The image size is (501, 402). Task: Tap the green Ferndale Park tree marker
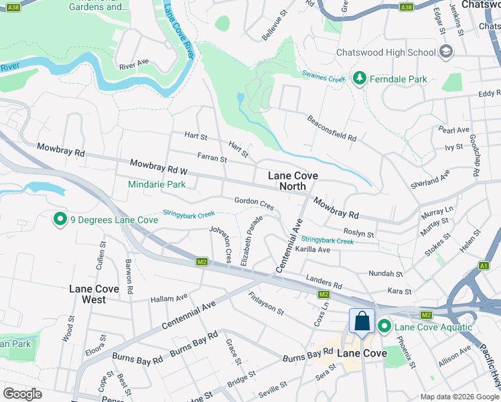coord(360,79)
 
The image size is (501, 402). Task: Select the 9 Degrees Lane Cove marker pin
coord(60,219)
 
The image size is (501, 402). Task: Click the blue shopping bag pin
coord(362,321)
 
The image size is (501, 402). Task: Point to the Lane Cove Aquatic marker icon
coord(384,327)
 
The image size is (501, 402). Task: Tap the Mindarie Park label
coord(157,184)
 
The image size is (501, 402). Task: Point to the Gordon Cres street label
coord(254,202)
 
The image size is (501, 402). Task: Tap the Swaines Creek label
coord(324,76)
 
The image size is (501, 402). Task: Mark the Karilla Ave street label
coord(313,249)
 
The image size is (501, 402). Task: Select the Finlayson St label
coord(266,304)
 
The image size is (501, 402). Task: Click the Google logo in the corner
coord(23,393)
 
